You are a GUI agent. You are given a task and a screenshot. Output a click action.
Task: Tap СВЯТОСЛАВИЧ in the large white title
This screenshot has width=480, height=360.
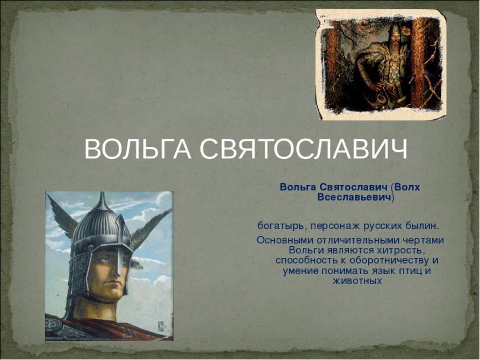pyautogui.click(x=303, y=149)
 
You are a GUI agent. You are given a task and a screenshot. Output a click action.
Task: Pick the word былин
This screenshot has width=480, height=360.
pyautogui.click(x=422, y=226)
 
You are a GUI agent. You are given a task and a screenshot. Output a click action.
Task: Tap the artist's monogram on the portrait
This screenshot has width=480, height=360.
pyautogui.click(x=161, y=326)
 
